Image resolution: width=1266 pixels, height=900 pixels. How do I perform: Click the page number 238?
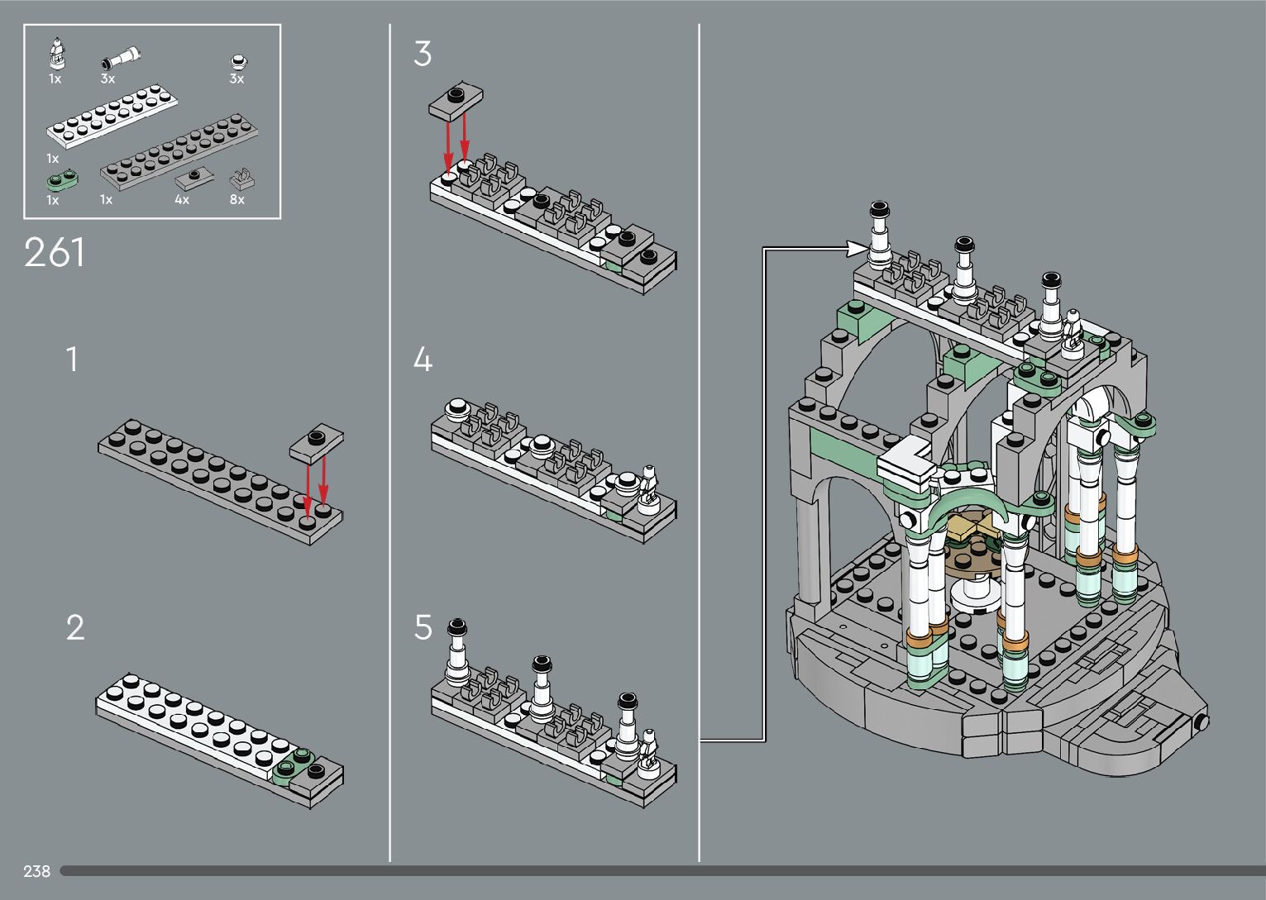(36, 871)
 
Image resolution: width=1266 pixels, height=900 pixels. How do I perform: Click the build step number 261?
(55, 253)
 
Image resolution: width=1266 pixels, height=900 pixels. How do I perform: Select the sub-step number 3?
(422, 55)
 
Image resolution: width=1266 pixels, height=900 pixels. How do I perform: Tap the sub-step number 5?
(423, 628)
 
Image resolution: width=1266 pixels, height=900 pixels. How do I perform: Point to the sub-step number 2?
(74, 628)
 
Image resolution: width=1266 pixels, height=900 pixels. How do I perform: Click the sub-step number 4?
(422, 360)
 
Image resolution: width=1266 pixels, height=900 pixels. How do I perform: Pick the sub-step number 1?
(73, 360)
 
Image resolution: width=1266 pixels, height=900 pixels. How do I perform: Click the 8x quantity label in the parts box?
(237, 199)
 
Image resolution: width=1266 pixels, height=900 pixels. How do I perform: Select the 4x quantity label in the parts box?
(182, 199)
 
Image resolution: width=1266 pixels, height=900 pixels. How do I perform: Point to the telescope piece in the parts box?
(122, 60)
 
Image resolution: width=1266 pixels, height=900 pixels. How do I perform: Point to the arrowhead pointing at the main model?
(855, 246)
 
